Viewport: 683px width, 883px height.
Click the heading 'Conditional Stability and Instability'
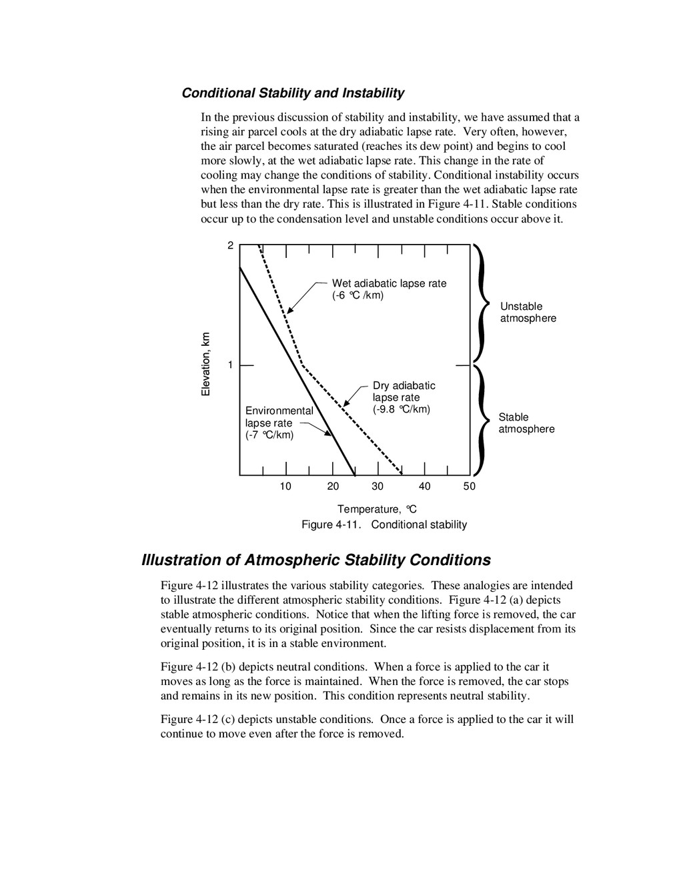coord(293,93)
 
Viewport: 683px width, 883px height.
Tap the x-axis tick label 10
coord(285,486)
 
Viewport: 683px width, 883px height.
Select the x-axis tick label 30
coord(378,486)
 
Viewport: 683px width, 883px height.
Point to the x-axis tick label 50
coord(470,486)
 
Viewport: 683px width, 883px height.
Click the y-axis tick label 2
coord(230,246)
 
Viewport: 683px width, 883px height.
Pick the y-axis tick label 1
coord(230,365)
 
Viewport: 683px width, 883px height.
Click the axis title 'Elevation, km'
coord(206,365)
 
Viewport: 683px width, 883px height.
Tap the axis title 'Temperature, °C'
coord(377,509)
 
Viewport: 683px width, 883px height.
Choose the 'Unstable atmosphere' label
coord(528,313)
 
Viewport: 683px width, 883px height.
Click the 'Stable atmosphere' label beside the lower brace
coord(526,423)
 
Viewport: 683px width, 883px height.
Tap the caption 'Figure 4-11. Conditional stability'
coord(384,524)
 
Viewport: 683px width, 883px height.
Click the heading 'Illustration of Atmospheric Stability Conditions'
coord(316,560)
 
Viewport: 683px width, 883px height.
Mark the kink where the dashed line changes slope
coord(303,365)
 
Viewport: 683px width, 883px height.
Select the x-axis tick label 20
coord(333,486)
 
